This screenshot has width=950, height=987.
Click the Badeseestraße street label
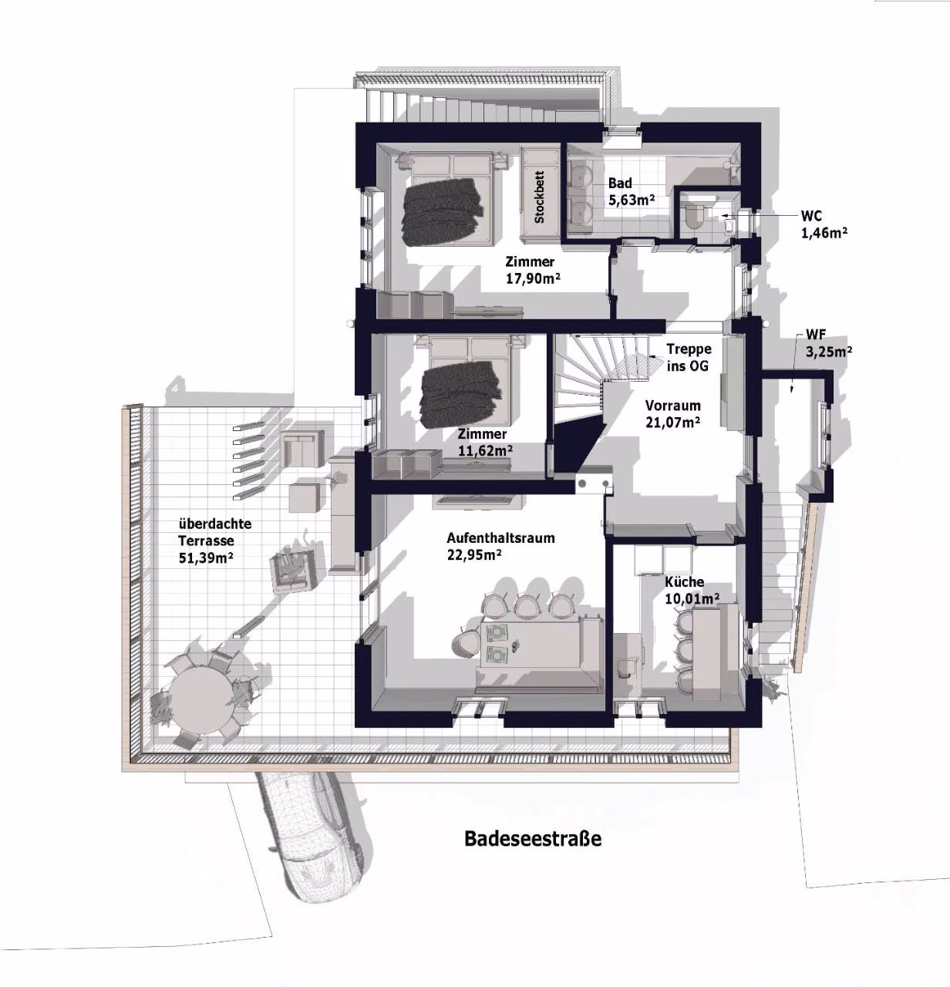pos(533,838)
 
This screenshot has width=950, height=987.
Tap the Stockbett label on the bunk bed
pos(539,197)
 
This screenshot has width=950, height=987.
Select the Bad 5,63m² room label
pos(631,191)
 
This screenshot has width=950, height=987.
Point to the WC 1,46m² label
pos(824,224)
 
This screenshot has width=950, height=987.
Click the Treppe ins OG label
pos(689,357)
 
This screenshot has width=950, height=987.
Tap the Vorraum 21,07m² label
pos(673,413)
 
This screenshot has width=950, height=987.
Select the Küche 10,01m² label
pos(692,591)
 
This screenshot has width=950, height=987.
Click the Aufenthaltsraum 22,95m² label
pos(500,546)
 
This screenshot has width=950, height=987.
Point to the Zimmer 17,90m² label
pos(533,270)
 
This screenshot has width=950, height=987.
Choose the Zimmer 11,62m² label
pos(484,442)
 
